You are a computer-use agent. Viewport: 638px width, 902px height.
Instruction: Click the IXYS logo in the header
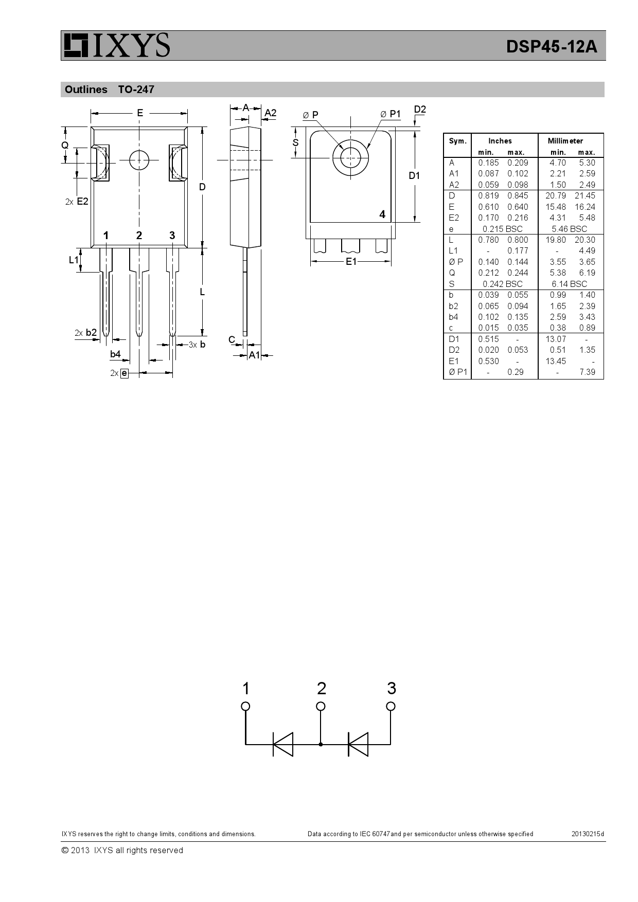(116, 45)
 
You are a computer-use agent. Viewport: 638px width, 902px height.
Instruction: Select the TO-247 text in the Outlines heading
(136, 89)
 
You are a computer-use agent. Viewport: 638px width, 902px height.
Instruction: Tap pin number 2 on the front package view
(139, 236)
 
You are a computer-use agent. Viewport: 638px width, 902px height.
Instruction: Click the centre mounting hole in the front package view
(139, 160)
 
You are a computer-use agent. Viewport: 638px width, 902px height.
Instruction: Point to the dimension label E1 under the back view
(351, 262)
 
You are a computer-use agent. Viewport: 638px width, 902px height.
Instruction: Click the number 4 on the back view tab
(382, 214)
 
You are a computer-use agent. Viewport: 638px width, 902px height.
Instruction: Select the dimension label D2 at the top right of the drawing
(420, 110)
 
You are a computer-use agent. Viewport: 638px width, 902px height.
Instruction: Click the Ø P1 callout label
(391, 114)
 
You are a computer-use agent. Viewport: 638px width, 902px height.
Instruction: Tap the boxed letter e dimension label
(124, 373)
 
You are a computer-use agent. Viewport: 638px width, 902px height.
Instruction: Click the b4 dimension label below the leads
(115, 354)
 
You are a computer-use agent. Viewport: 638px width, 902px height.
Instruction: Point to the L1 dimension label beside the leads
(74, 260)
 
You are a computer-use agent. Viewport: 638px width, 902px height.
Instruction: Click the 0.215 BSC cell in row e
(502, 229)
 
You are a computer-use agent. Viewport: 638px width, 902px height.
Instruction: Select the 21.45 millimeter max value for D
(585, 196)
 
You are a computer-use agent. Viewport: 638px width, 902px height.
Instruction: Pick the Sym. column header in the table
(457, 141)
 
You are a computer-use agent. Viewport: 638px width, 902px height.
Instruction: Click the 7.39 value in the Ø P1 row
(587, 372)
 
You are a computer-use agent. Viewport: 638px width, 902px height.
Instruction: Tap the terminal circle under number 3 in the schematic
(391, 706)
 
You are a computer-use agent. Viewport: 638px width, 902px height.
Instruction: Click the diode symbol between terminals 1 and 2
(282, 744)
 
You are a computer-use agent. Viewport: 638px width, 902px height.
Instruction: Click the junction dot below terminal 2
(321, 744)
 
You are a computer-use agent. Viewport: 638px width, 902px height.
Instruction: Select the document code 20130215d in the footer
(588, 834)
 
